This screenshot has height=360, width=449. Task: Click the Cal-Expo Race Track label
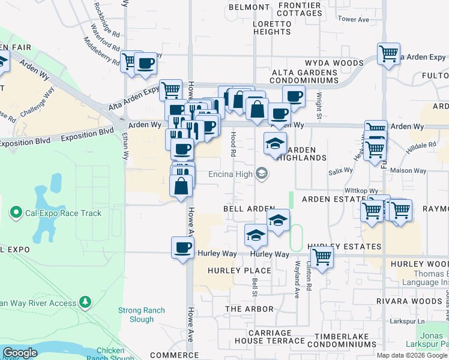coord(63,213)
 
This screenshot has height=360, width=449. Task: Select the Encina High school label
coord(229,175)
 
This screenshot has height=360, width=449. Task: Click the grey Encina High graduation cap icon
coord(261,174)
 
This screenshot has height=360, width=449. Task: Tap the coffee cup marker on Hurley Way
coord(182,248)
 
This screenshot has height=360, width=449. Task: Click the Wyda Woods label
coord(334,62)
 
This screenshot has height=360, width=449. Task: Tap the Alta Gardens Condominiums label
coord(305,76)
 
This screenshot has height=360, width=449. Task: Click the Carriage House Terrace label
coord(253,336)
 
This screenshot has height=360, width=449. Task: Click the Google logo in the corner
coord(20,353)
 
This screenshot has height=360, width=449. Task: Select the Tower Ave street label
coord(354,20)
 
